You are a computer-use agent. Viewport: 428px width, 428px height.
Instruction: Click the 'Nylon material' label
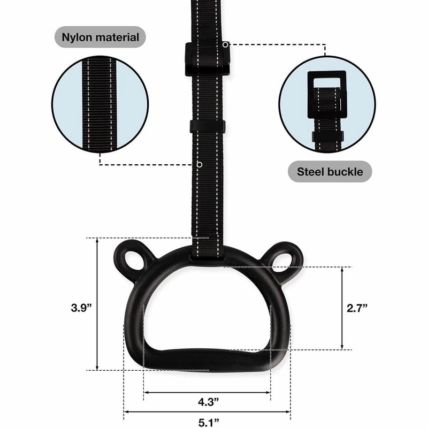tap(100, 37)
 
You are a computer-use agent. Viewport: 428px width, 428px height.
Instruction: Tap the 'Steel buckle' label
tap(330, 172)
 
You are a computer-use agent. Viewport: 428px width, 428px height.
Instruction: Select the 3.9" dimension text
tap(81, 308)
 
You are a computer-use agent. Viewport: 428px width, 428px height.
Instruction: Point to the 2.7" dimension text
tap(357, 308)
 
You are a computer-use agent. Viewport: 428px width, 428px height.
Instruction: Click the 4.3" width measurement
tap(208, 402)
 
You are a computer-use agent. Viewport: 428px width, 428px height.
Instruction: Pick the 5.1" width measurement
tap(209, 422)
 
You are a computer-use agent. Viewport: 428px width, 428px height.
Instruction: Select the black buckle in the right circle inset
tap(327, 95)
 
